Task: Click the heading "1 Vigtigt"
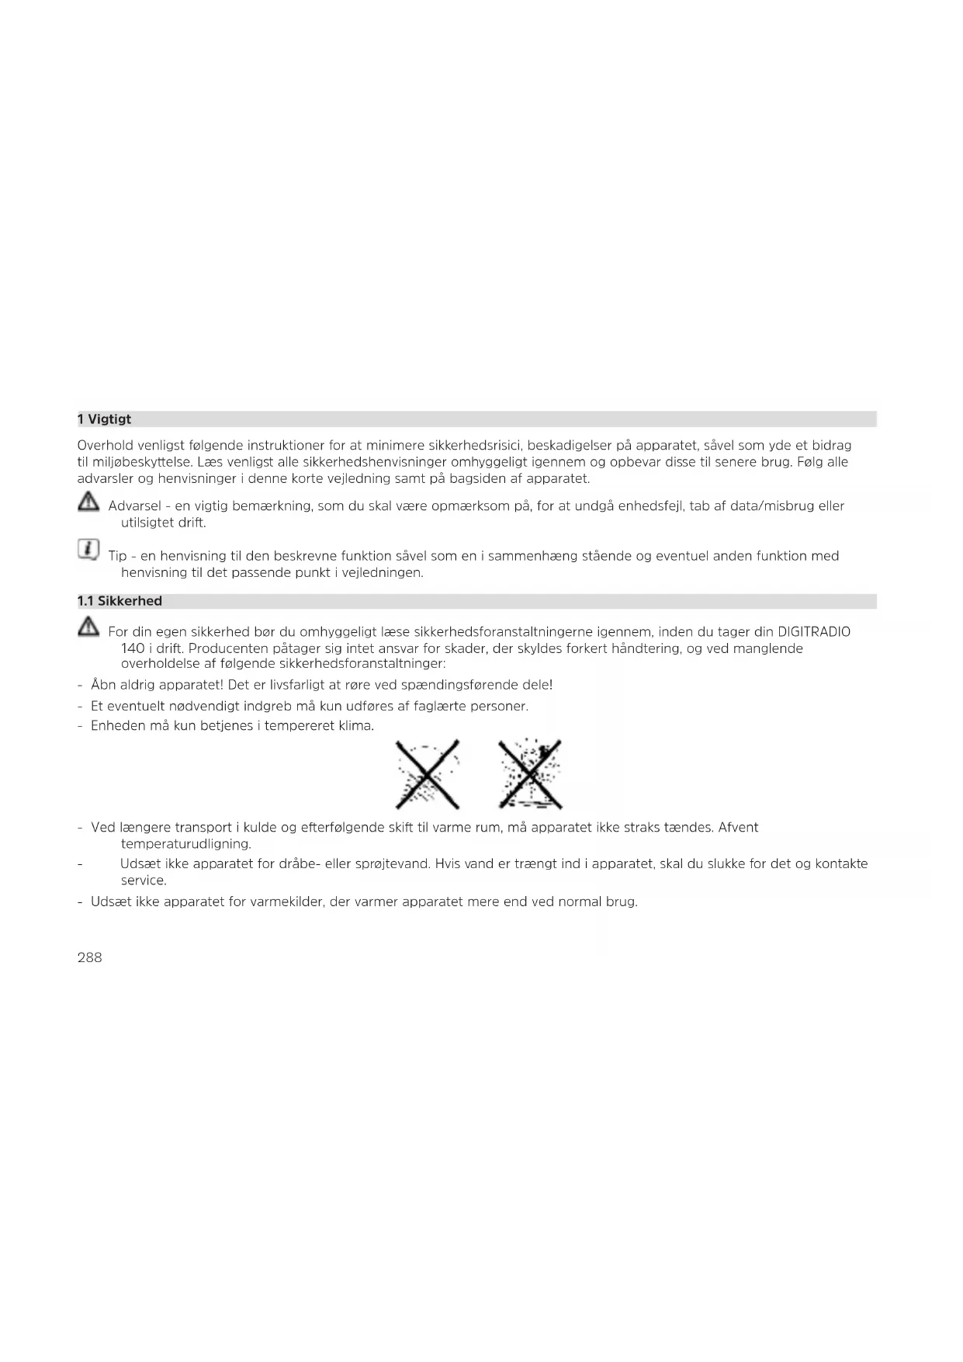click(x=104, y=419)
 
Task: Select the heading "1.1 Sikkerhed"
click(x=120, y=601)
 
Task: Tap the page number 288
click(x=90, y=957)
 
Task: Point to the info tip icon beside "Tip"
click(x=88, y=551)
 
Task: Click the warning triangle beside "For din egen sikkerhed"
click(x=88, y=627)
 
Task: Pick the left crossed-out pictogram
click(x=428, y=774)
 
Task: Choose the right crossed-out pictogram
click(x=530, y=774)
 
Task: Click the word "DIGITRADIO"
click(x=813, y=632)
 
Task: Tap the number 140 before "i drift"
click(x=133, y=648)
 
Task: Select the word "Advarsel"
click(x=134, y=506)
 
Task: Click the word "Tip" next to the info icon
click(x=117, y=556)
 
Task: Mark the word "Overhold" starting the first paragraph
click(x=105, y=446)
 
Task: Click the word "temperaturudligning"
click(x=185, y=844)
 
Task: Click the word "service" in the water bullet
click(x=143, y=881)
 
